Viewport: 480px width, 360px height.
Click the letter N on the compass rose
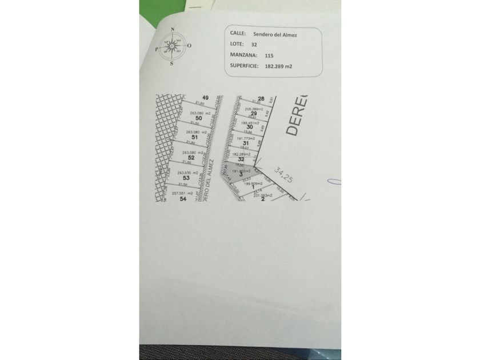pyautogui.click(x=172, y=29)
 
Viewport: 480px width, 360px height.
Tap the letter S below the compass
pyautogui.click(x=172, y=64)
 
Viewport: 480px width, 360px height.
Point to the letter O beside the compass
pyautogui.click(x=189, y=46)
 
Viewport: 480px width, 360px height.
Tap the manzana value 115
pyautogui.click(x=269, y=56)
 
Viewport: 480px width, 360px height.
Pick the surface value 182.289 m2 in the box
pyautogui.click(x=278, y=66)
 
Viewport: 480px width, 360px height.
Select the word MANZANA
pyautogui.click(x=243, y=55)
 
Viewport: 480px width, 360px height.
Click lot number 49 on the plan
pyautogui.click(x=205, y=98)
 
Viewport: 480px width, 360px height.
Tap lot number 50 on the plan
pyautogui.click(x=198, y=118)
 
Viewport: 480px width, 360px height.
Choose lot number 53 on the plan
pyautogui.click(x=186, y=178)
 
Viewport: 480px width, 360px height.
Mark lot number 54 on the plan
pyautogui.click(x=183, y=199)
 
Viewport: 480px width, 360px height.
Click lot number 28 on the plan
pyautogui.click(x=261, y=98)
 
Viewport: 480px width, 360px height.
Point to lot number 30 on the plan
pyautogui.click(x=250, y=127)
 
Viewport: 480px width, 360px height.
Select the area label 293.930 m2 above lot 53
pyautogui.click(x=187, y=173)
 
